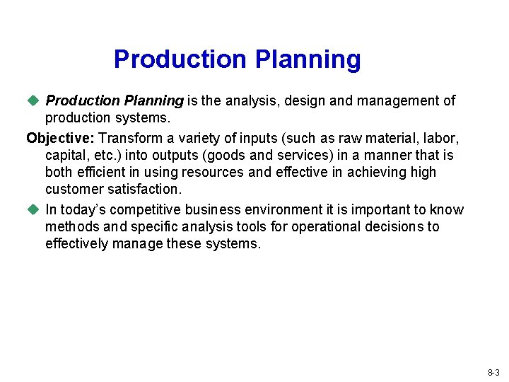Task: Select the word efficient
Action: point(100,172)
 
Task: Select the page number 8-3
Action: point(493,372)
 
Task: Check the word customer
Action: point(71,189)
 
